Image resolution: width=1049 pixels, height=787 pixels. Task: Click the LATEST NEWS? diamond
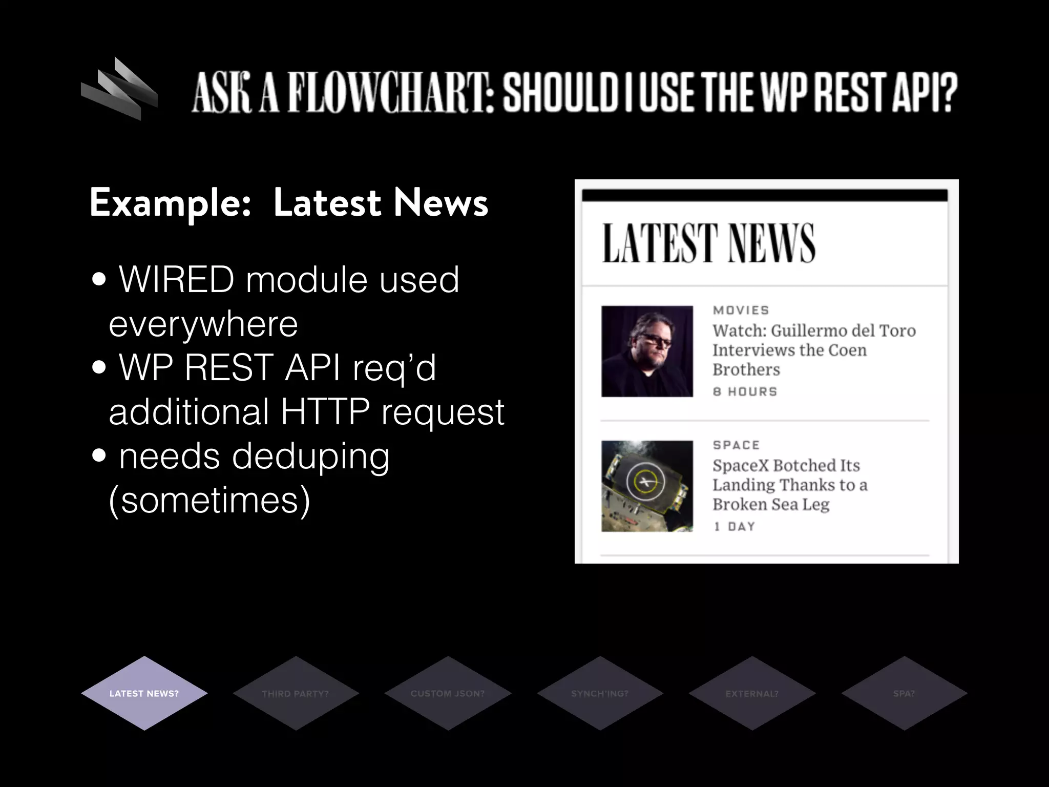144,693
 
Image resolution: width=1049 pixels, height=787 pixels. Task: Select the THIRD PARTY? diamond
296,693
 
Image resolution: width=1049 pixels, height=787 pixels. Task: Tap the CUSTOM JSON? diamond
448,693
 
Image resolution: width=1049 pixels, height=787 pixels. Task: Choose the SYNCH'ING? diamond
600,693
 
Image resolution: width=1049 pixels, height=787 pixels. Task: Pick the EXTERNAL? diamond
752,693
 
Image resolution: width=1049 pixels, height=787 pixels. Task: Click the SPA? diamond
904,693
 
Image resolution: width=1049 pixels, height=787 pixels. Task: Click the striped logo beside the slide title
119,90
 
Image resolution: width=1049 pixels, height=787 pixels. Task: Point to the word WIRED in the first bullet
176,280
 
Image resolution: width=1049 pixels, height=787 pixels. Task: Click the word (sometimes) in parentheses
209,501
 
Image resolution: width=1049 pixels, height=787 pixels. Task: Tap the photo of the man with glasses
647,351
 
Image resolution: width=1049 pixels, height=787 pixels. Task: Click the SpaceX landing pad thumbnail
647,486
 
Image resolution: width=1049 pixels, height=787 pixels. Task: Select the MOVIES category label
741,310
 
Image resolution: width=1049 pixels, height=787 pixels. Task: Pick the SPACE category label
737,445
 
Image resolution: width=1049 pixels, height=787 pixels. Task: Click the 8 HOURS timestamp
745,391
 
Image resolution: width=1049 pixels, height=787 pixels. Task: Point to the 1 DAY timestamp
735,526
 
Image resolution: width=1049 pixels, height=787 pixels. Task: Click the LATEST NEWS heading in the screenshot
708,243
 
